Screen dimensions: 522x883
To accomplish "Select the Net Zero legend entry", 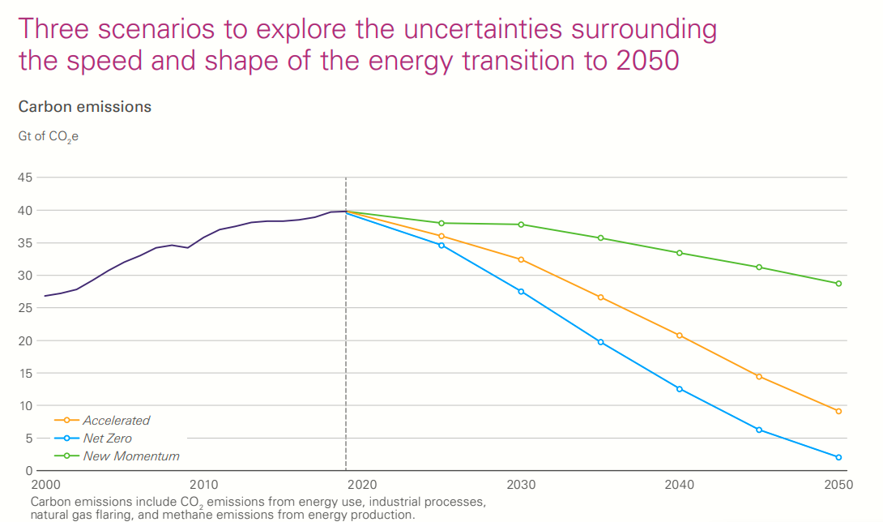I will tap(107, 439).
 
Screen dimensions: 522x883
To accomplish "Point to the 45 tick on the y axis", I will tap(26, 178).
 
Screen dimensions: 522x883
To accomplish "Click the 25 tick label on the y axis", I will tap(26, 308).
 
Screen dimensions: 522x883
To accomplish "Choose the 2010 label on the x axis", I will tap(203, 484).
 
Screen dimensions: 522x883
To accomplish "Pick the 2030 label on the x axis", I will tap(521, 484).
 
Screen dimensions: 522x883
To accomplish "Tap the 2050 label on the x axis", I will tap(838, 484).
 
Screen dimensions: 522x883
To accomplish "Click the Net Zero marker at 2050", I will tap(838, 457).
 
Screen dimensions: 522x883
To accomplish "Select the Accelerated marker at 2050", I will tap(838, 411).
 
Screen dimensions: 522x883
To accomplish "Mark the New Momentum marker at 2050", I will tap(838, 284).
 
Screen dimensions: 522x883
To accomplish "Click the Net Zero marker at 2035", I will tap(600, 342).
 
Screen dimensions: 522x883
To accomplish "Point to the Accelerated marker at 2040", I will tap(680, 336).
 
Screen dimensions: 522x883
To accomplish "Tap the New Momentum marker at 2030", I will tap(521, 225).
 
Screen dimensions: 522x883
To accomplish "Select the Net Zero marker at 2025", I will tap(441, 245).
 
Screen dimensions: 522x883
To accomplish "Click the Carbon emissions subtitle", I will tap(85, 106).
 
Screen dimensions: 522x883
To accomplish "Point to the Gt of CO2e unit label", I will tap(49, 137).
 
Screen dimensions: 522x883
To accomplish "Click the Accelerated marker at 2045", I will tap(759, 376).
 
